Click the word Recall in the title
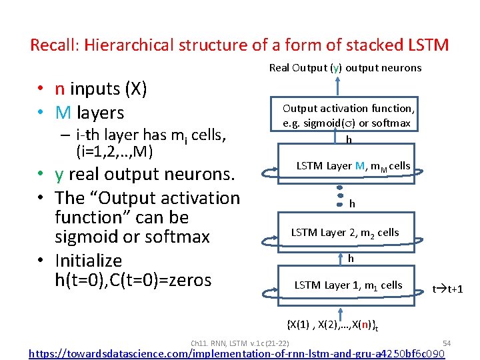[53, 45]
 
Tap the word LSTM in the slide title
[426, 45]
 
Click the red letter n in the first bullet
[59, 89]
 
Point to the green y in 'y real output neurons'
[59, 174]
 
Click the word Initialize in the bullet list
[89, 260]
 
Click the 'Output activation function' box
[348, 115]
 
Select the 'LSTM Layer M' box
[353, 166]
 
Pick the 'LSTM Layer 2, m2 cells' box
[345, 233]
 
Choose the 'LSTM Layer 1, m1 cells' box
[348, 285]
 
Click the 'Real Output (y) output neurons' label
[345, 67]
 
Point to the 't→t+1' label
[448, 289]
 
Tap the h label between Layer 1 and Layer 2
[351, 258]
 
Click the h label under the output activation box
[348, 139]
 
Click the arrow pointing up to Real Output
[339, 85]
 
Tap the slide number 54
[447, 343]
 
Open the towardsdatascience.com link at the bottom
[237, 353]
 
